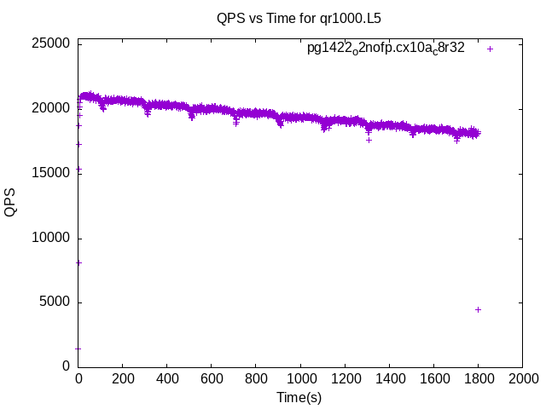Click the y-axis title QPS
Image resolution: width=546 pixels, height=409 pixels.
tap(10, 203)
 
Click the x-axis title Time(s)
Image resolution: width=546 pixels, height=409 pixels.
tap(299, 397)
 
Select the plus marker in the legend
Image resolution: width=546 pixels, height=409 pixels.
tap(490, 49)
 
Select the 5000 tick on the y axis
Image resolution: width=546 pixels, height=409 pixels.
tap(55, 302)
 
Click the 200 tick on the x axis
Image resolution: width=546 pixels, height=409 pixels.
tap(123, 379)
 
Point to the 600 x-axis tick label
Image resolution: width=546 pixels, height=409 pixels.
tap(212, 379)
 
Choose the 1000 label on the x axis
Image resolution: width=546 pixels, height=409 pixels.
tap(300, 379)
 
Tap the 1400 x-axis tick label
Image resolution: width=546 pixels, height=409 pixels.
tap(389, 379)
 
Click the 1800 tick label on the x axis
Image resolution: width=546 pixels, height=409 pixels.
tap(478, 379)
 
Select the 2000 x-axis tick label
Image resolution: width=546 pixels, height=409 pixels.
tap(522, 379)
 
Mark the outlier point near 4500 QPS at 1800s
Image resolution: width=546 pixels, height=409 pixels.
tap(478, 309)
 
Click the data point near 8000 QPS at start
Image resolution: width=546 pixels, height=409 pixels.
tap(78, 262)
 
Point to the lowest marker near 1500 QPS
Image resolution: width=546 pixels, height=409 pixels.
tap(78, 348)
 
